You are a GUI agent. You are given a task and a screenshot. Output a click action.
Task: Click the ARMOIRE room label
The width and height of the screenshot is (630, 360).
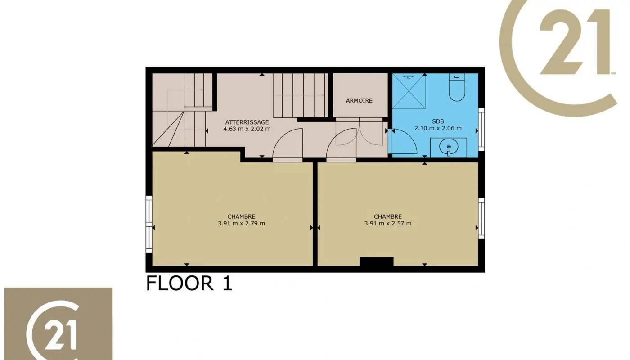(x=359, y=100)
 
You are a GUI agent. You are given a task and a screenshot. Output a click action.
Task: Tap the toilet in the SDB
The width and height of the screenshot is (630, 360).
(x=457, y=87)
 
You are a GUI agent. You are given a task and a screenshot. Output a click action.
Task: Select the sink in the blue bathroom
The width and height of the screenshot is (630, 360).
(x=449, y=148)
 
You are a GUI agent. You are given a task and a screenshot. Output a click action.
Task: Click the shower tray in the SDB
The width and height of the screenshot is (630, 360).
(x=409, y=91)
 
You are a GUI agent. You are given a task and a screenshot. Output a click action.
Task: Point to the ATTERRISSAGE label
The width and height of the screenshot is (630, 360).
(x=247, y=122)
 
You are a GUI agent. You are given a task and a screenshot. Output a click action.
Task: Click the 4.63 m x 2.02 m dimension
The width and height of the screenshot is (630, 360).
(x=247, y=129)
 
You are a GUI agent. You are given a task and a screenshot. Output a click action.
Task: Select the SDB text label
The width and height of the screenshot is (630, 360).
(x=438, y=121)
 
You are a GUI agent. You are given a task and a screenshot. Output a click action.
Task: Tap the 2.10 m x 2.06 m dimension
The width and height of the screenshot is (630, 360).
(x=438, y=128)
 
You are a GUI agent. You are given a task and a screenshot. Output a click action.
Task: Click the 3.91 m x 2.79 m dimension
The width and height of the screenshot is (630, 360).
(x=241, y=223)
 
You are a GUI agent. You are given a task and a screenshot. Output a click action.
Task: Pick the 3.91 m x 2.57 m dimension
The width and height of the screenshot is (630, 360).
(x=388, y=223)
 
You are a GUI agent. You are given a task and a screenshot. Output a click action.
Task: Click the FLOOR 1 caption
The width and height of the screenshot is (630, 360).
(x=189, y=283)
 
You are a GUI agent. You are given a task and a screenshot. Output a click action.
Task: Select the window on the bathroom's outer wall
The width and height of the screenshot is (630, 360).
(x=481, y=129)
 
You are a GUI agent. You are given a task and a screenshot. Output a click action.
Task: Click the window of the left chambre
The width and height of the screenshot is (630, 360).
(x=149, y=224)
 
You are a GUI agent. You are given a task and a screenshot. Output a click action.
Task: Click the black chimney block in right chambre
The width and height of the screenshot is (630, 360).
(x=377, y=261)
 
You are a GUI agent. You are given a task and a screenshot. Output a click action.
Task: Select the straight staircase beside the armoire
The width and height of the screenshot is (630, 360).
(x=301, y=95)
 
